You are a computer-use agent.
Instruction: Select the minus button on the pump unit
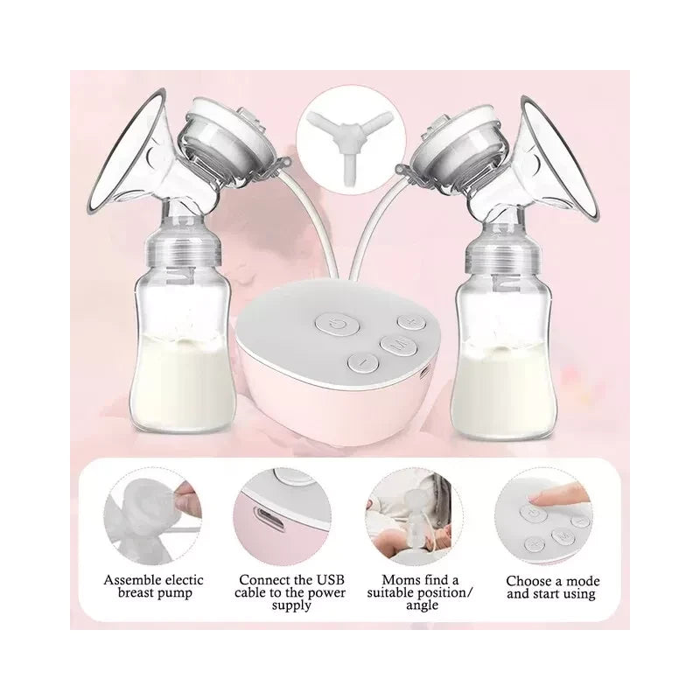pos(361,360)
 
